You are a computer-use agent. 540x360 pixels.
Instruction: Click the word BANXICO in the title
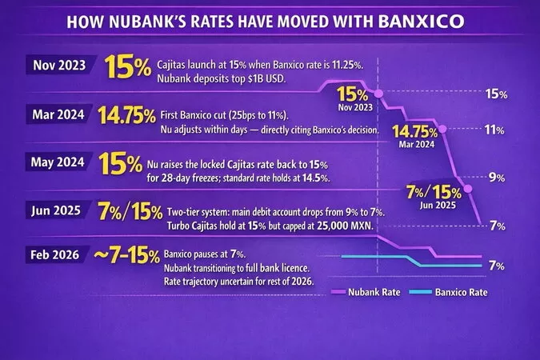point(421,22)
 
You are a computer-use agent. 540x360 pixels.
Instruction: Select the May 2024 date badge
point(58,162)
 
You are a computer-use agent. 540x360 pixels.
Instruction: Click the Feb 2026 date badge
point(54,255)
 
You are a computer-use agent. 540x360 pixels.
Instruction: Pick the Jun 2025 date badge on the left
point(56,210)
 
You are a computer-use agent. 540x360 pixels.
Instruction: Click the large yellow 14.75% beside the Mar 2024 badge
point(126,115)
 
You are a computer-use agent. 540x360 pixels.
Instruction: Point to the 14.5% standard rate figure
point(316,178)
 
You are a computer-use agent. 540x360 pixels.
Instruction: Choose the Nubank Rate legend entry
point(366,292)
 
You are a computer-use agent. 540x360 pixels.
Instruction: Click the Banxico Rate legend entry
point(448,292)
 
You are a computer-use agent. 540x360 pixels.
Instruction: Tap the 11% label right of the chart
point(494,130)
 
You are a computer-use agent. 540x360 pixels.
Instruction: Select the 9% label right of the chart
point(497,178)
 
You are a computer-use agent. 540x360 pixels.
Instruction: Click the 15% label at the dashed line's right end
point(496,94)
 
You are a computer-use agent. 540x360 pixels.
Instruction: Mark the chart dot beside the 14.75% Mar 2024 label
point(443,129)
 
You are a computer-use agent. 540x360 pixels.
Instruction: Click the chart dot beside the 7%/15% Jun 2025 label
point(468,189)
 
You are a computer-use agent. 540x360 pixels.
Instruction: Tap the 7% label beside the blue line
point(497,266)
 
